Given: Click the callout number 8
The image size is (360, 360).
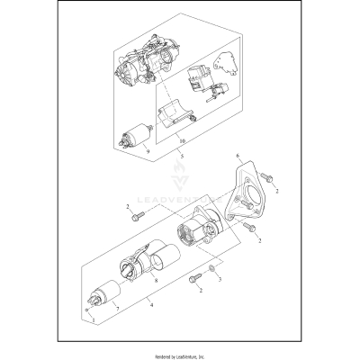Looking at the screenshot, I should point(157,282).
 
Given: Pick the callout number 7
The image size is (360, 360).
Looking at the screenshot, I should point(114,308).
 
